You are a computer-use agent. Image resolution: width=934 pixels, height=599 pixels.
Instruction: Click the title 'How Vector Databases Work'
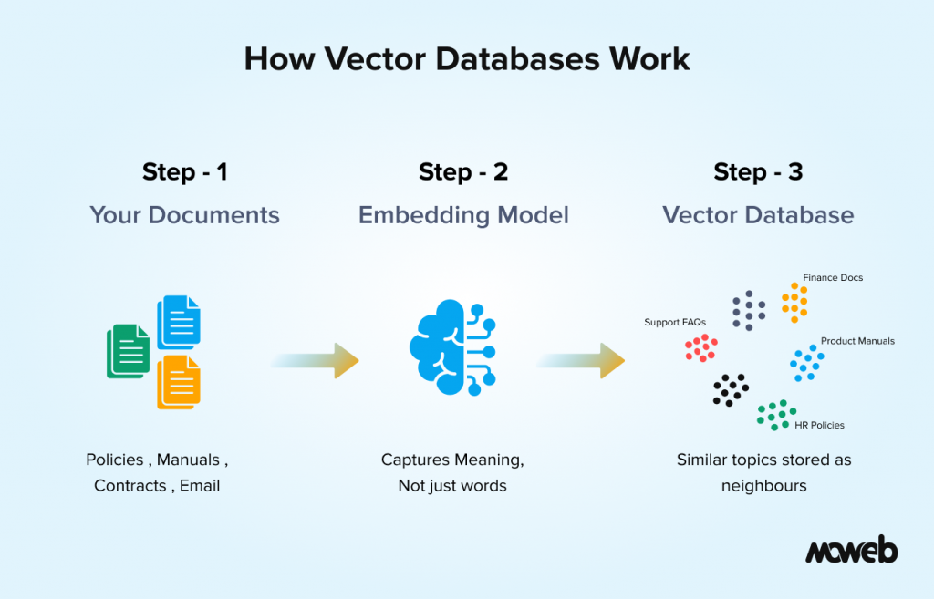[x=466, y=58]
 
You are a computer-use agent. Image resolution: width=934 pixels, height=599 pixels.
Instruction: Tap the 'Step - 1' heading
[x=184, y=171]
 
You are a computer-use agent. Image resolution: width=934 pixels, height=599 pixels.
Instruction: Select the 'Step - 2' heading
[x=463, y=171]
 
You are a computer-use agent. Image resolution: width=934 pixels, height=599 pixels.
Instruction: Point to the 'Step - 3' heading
[x=758, y=171]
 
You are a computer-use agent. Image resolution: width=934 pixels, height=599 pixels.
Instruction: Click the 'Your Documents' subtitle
[x=184, y=215]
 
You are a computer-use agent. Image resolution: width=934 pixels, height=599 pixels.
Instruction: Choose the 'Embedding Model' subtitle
[x=463, y=215]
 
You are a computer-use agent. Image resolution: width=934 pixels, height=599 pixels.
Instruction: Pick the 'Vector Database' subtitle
[x=758, y=215]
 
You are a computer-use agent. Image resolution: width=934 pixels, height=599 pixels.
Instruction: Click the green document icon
[x=129, y=351]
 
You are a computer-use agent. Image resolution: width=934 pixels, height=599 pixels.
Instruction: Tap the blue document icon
[x=179, y=321]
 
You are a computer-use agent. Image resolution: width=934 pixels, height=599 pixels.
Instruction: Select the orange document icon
[x=179, y=381]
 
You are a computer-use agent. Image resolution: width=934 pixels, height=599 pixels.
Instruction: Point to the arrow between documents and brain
[x=315, y=360]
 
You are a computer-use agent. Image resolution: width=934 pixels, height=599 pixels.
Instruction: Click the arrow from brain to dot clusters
[x=581, y=360]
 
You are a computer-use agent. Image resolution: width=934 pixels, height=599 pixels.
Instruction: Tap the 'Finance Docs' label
[x=832, y=277]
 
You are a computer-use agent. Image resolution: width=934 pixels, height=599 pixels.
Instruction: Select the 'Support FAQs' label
[x=675, y=322]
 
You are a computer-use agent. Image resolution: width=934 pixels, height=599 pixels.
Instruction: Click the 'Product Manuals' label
[x=857, y=341]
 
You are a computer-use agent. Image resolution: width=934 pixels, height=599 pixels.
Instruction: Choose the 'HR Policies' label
[x=819, y=425]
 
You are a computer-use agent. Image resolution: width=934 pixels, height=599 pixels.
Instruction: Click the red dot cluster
[x=701, y=347]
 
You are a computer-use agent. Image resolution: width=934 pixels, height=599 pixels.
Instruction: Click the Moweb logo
[x=851, y=551]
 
